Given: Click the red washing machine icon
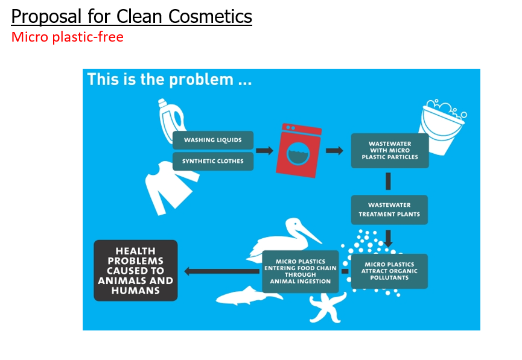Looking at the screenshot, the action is pyautogui.click(x=299, y=150).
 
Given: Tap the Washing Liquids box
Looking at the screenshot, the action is pyautogui.click(x=213, y=140).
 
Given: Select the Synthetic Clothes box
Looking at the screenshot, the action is pyautogui.click(x=213, y=162).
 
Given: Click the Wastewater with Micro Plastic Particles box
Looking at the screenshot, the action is pyautogui.click(x=390, y=150).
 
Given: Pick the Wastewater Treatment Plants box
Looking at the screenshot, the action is pyautogui.click(x=389, y=210).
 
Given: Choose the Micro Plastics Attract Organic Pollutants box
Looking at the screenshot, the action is pyautogui.click(x=389, y=271).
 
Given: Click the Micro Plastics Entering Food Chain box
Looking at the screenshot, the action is pyautogui.click(x=301, y=271).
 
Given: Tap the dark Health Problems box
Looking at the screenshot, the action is pyautogui.click(x=136, y=271).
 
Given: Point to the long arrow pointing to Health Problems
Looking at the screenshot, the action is pyautogui.click(x=221, y=271).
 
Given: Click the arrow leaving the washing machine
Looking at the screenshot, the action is pyautogui.click(x=334, y=151).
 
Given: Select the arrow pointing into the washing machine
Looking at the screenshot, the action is pyautogui.click(x=264, y=151).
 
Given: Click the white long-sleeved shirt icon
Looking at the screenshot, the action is pyautogui.click(x=170, y=188).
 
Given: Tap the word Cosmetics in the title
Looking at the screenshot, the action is pyautogui.click(x=210, y=16).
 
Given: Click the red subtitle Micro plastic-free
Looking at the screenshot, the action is pyautogui.click(x=67, y=37).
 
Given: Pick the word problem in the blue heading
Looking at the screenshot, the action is pyautogui.click(x=202, y=80).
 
